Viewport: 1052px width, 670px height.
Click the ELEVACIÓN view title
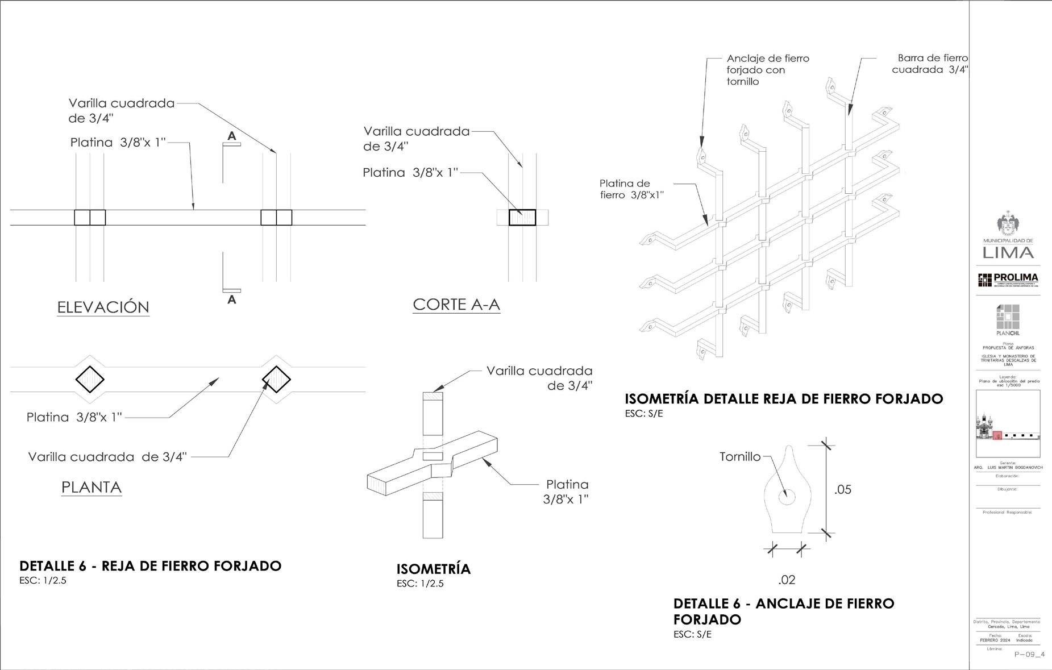coord(103,307)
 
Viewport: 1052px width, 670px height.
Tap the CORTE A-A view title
coord(456,305)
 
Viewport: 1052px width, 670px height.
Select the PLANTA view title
coord(92,487)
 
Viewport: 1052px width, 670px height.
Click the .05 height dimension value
coord(843,489)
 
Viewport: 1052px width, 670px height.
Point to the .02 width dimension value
coord(787,580)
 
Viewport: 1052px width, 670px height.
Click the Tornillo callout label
coord(739,456)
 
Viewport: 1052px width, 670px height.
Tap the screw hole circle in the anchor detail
coord(787,497)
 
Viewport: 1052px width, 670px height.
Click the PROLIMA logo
coord(1008,280)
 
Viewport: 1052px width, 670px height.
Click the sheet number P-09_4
coord(1029,655)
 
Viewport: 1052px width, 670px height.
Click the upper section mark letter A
coord(231,136)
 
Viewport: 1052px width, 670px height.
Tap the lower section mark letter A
coord(231,299)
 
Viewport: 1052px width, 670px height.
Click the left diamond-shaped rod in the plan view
coord(90,380)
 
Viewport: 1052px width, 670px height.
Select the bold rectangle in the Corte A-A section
coord(522,218)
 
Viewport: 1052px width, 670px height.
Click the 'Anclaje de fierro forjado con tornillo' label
coord(767,70)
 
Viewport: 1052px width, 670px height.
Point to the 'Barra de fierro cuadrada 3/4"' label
coord(930,64)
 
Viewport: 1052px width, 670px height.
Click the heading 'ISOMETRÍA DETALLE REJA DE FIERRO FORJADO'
coord(784,399)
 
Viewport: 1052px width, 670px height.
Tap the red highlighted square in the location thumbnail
coord(997,436)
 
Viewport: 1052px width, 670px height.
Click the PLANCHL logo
coord(1008,320)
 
